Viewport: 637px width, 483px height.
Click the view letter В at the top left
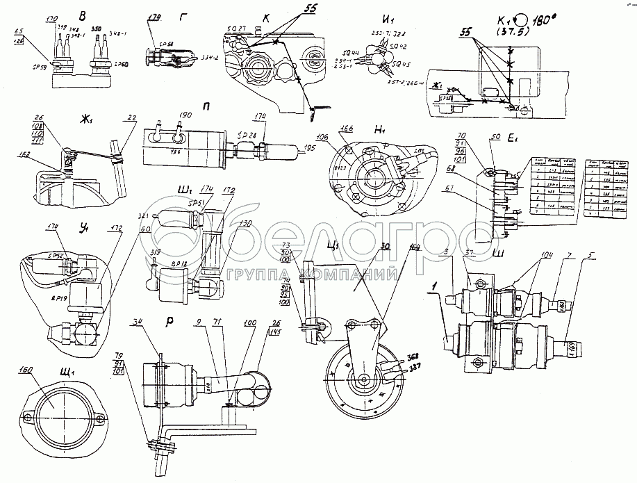click(83, 15)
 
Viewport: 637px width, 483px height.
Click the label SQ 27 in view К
click(239, 28)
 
